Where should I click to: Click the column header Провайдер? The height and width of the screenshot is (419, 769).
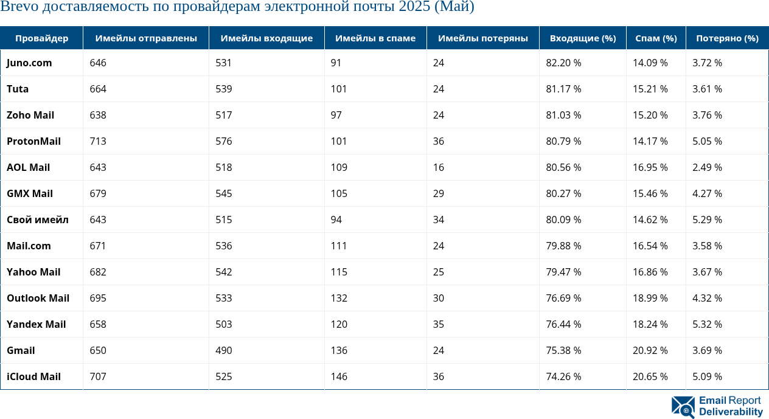click(41, 38)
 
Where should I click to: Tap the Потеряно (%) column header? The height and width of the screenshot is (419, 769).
click(727, 38)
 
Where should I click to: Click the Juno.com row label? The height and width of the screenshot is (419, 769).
click(29, 63)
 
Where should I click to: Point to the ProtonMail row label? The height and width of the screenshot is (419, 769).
click(33, 142)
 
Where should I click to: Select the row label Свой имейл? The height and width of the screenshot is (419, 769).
click(37, 220)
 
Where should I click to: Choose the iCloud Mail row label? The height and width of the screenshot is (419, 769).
click(33, 377)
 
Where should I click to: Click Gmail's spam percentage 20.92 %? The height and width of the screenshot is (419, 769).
click(650, 351)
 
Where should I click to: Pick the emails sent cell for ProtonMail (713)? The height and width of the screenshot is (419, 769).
click(98, 142)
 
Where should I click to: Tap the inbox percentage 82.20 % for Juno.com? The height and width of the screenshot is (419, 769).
click(563, 63)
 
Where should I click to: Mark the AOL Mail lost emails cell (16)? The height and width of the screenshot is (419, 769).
click(439, 168)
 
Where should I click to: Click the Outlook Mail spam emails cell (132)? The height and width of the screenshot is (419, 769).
click(339, 299)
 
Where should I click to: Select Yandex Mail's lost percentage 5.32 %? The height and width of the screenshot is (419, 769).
click(707, 325)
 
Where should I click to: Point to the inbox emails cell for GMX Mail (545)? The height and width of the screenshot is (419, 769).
click(224, 194)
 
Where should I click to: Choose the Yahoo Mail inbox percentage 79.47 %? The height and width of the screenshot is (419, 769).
click(563, 272)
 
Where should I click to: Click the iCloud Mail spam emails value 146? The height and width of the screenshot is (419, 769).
click(339, 377)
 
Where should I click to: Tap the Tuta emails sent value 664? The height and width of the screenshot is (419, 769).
click(98, 89)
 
